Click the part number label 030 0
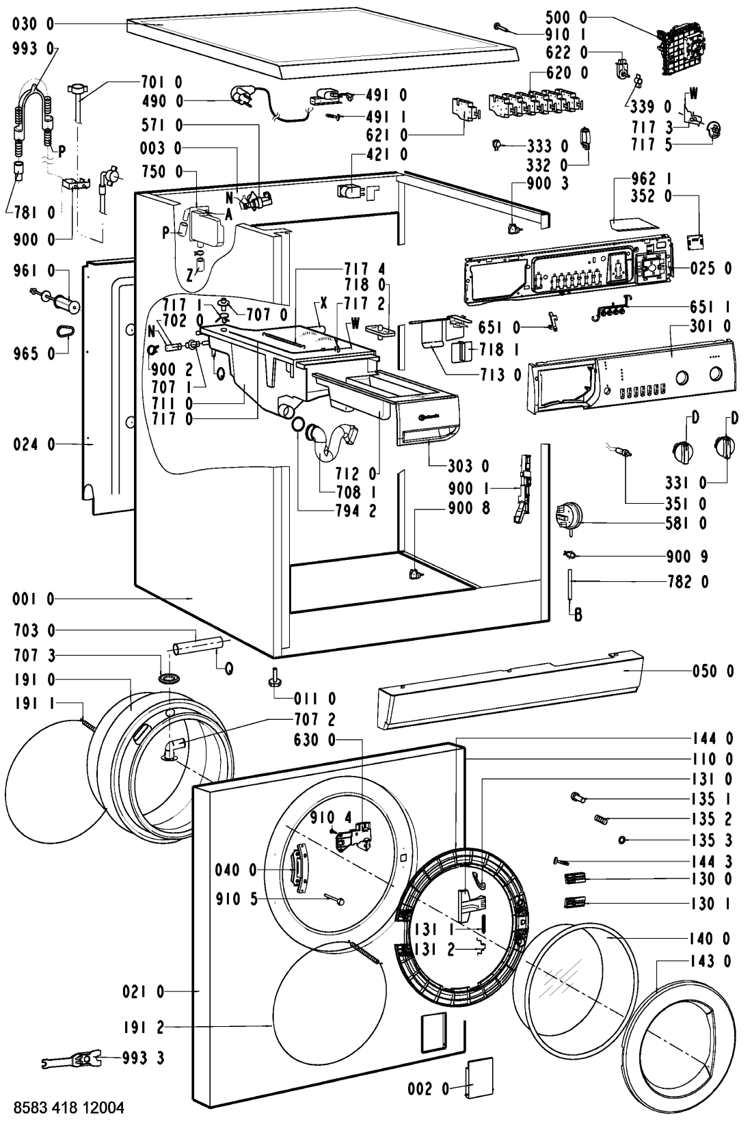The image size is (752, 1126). tap(33, 24)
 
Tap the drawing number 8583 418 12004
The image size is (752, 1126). tap(69, 1108)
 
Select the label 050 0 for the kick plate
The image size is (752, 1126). tap(713, 671)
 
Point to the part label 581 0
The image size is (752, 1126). tap(686, 523)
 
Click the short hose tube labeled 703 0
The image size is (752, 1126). tap(198, 645)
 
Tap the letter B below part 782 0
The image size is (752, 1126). tap(578, 614)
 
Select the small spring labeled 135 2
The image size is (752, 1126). tap(601, 819)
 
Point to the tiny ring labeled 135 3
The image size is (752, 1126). tap(622, 840)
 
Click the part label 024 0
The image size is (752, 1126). tap(33, 444)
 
